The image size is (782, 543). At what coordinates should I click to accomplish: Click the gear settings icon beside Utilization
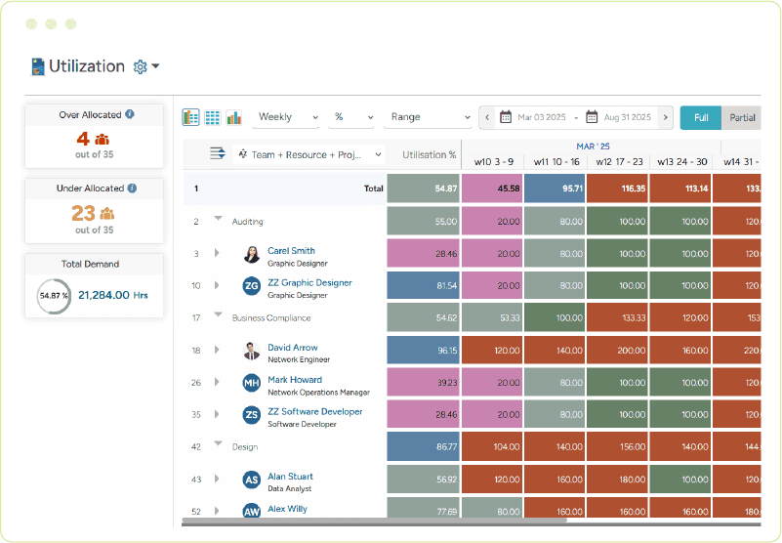(140, 66)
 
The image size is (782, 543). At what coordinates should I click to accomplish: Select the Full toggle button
(700, 117)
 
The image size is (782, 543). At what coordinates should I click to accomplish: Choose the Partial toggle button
(742, 117)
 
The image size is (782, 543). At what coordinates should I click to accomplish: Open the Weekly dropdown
(287, 117)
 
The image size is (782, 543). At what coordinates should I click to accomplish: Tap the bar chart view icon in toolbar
(234, 117)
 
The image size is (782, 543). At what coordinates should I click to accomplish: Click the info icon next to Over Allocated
(130, 114)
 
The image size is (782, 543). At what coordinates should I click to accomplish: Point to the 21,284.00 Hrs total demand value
(111, 294)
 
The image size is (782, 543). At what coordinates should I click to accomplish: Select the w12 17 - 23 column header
(619, 161)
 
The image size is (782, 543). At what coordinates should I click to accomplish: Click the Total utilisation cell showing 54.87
(424, 188)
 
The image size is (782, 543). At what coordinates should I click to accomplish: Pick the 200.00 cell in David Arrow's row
(619, 350)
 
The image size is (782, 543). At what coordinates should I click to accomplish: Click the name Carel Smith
(291, 251)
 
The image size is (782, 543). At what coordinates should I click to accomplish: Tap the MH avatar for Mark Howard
(252, 383)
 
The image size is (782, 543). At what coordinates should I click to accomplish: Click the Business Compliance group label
(271, 317)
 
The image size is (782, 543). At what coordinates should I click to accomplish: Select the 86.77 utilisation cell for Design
(424, 446)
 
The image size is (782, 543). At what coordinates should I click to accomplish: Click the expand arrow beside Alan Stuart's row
(217, 480)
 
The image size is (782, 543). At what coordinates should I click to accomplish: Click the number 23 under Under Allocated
(83, 213)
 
